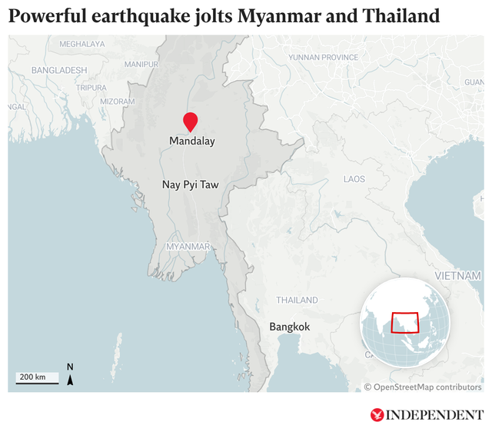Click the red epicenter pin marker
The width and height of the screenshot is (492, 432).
(190, 121)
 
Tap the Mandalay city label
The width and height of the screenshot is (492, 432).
(191, 141)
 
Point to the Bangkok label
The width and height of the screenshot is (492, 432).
(289, 327)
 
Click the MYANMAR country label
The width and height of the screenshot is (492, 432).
(188, 246)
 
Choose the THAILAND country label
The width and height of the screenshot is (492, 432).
(297, 300)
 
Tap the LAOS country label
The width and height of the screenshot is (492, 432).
(354, 179)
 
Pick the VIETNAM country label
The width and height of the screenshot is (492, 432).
(457, 275)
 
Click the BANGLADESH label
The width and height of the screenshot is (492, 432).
(59, 70)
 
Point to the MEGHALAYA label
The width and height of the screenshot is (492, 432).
(81, 45)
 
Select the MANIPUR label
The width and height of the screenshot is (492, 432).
(141, 64)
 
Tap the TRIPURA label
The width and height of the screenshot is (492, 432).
(91, 88)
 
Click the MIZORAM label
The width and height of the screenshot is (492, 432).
(118, 101)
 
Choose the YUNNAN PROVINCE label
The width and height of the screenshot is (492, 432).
(324, 58)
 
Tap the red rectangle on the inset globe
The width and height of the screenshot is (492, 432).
(405, 322)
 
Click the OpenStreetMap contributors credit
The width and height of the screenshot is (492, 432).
(423, 387)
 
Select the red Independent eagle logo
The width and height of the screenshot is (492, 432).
(377, 415)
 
